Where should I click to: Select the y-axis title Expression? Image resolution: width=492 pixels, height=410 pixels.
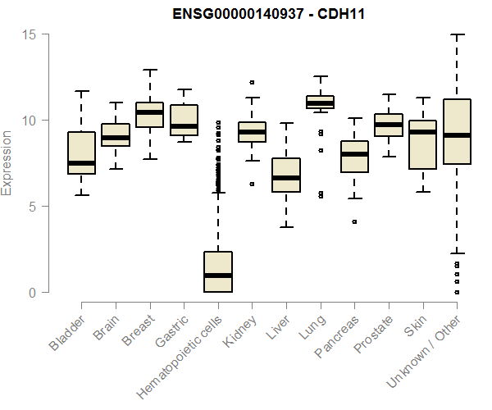pyautogui.click(x=8, y=162)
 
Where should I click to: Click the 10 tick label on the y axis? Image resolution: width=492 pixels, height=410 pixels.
pyautogui.click(x=31, y=121)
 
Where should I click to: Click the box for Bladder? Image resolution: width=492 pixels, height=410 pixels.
pyautogui.click(x=81, y=153)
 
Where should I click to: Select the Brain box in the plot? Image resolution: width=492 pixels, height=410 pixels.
pyautogui.click(x=116, y=134)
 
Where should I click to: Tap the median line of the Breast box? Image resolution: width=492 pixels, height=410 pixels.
pyautogui.click(x=149, y=112)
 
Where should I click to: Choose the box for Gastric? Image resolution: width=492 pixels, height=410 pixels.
pyautogui.click(x=184, y=120)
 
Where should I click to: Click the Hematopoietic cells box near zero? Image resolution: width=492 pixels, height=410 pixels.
pyautogui.click(x=218, y=271)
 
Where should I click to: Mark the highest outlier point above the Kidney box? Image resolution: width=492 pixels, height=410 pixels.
pyautogui.click(x=252, y=82)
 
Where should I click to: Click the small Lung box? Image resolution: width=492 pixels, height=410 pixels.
pyautogui.click(x=320, y=102)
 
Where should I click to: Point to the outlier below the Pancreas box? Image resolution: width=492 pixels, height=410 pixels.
pyautogui.click(x=354, y=221)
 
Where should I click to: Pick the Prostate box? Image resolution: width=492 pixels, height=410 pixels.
pyautogui.click(x=389, y=125)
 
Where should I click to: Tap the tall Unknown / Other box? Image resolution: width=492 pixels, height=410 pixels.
pyautogui.click(x=457, y=131)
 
